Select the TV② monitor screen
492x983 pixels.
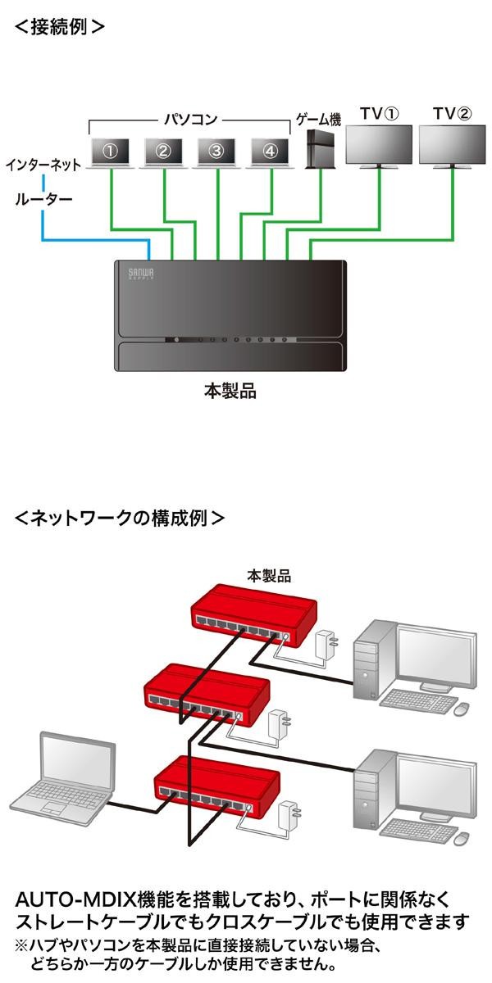452,146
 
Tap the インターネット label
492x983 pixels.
43,165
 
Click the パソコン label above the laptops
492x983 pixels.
190,120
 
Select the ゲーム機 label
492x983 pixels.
317,120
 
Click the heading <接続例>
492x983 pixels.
60,25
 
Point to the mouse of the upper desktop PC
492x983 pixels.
462,705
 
